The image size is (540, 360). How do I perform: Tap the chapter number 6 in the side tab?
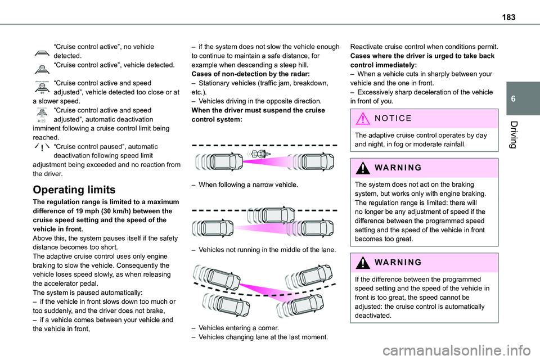(526, 98)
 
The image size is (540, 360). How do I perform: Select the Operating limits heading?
(74, 190)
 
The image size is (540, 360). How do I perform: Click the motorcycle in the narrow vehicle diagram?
(260, 153)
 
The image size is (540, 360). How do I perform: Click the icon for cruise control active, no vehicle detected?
(42, 52)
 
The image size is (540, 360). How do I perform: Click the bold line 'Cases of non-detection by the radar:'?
(244, 74)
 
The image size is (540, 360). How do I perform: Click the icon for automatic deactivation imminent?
(42, 115)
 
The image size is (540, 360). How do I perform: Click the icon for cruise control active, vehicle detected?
(42, 68)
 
